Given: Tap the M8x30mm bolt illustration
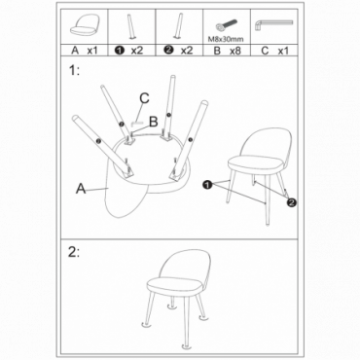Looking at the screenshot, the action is pos(226,26).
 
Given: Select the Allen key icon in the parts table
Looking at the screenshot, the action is pos(273,24).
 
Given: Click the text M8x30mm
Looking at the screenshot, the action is pos(226,39).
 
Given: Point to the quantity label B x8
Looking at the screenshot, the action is pos(227,51).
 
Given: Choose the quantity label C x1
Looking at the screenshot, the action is pos(274,51).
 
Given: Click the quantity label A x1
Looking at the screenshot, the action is pos(85,51).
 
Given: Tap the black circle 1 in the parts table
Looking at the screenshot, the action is pos(120,51).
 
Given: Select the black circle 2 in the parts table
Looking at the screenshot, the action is pos(169,51).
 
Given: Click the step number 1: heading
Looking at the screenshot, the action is pos(74,70).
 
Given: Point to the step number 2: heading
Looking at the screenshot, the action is pos(74,252).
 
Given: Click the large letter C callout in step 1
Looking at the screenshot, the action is pos(144,98).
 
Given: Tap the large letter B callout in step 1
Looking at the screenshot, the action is pos(153,122).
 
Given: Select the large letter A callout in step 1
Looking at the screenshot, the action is pos(81,188).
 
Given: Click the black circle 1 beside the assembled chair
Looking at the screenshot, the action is pos(206,185).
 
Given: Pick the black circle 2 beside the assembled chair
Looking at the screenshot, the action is pos(292,202).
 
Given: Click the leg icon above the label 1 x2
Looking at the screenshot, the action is pos(131,26).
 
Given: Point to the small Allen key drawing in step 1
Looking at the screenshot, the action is pos(137,123).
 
